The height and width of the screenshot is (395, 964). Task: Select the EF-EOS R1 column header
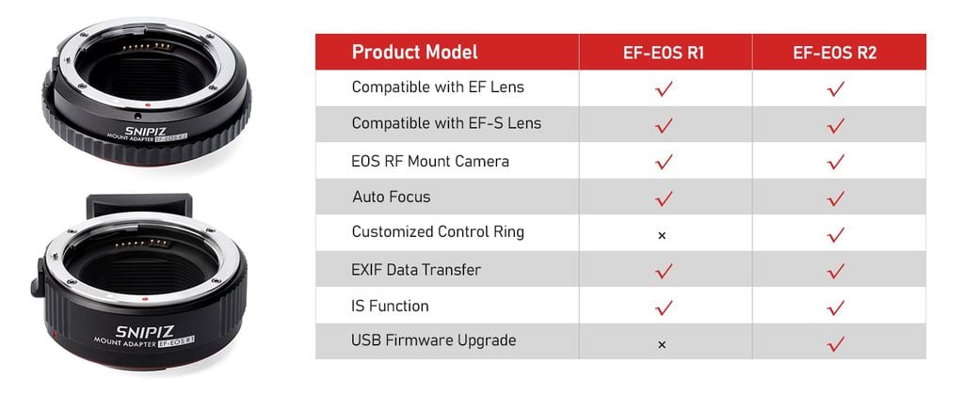click(x=664, y=53)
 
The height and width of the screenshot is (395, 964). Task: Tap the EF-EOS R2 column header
click(x=835, y=53)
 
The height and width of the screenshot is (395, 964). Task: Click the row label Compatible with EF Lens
click(x=438, y=87)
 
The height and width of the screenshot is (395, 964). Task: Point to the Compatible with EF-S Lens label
click(x=446, y=123)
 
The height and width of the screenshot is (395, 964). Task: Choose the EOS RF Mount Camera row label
click(x=430, y=162)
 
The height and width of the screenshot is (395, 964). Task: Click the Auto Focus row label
click(x=392, y=197)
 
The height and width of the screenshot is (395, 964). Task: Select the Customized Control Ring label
click(x=438, y=232)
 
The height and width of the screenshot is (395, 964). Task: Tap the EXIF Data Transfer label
click(x=416, y=270)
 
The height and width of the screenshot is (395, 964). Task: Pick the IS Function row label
click(x=390, y=306)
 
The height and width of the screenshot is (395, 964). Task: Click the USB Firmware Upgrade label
click(x=434, y=340)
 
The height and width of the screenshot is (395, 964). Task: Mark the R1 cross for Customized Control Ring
click(x=662, y=235)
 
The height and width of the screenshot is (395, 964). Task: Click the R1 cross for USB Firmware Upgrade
click(x=662, y=345)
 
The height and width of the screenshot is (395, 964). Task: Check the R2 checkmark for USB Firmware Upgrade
click(x=836, y=342)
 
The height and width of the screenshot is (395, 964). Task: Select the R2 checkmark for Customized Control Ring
click(x=836, y=234)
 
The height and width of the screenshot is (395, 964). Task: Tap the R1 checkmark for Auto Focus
click(x=664, y=197)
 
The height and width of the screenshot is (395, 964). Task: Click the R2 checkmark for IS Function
click(x=836, y=308)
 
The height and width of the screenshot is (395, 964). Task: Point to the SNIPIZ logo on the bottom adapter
click(x=144, y=332)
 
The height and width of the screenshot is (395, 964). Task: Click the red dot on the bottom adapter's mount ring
click(x=145, y=298)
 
